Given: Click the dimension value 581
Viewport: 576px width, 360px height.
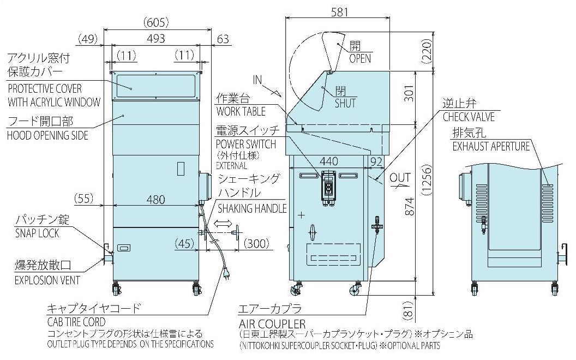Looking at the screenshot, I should (338, 11).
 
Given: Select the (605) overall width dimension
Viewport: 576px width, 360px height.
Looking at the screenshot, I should (155, 23).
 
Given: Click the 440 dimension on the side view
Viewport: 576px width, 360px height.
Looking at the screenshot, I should (328, 161).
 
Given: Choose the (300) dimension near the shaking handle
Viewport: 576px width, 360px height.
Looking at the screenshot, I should (257, 244).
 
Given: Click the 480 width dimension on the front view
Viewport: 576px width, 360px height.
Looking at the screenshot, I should (155, 200).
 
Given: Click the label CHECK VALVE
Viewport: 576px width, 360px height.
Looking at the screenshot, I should (469, 117).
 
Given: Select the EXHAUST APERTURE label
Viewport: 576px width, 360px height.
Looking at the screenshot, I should (491, 146).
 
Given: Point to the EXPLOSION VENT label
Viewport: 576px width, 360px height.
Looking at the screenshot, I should (47, 281).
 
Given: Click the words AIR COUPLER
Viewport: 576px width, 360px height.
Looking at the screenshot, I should (272, 323).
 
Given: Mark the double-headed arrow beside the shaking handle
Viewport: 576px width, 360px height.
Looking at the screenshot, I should (221, 224).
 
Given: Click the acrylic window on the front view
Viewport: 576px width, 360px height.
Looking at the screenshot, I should (155, 85).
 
